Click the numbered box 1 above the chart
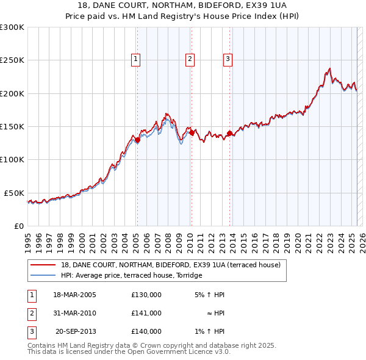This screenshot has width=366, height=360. [x=135, y=59]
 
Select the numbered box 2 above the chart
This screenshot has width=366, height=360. [x=190, y=59]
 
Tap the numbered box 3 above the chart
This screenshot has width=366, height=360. [x=228, y=59]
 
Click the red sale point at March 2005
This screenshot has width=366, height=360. [x=137, y=140]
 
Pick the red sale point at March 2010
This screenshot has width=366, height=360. [x=192, y=132]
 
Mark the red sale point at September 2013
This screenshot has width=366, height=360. [x=229, y=133]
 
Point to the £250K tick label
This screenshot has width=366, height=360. [x=12, y=60]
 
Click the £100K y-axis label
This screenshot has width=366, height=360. [x=12, y=159]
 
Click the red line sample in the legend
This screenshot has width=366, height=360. [x=43, y=265]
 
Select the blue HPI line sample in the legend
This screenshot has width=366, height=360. [x=43, y=275]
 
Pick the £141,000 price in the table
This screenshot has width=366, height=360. [x=146, y=313]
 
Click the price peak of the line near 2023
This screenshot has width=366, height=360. [x=329, y=68]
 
